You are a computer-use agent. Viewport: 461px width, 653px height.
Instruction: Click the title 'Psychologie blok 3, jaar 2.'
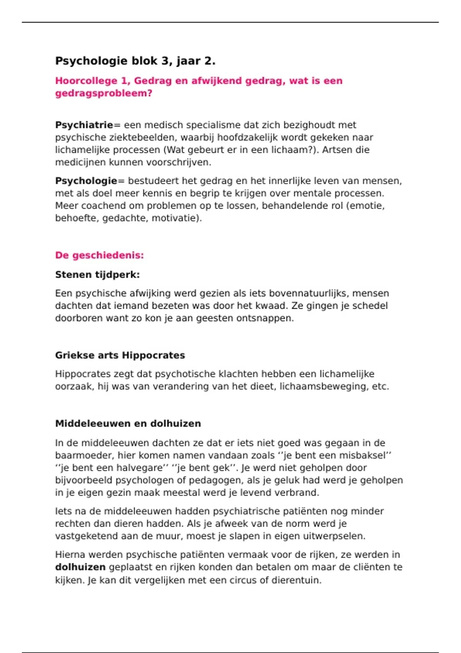pos(135,61)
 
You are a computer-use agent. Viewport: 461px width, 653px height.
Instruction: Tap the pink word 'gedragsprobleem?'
pos(104,93)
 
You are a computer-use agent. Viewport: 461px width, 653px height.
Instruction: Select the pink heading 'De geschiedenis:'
pos(99,255)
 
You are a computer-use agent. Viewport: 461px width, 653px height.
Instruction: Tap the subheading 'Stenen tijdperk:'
pos(97,275)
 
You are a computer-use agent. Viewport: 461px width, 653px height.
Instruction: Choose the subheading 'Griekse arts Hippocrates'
pos(120,355)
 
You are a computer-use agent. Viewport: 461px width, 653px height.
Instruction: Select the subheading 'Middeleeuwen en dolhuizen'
pos(128,424)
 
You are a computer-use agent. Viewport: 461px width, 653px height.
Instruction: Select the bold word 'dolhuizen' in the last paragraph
pos(80,567)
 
